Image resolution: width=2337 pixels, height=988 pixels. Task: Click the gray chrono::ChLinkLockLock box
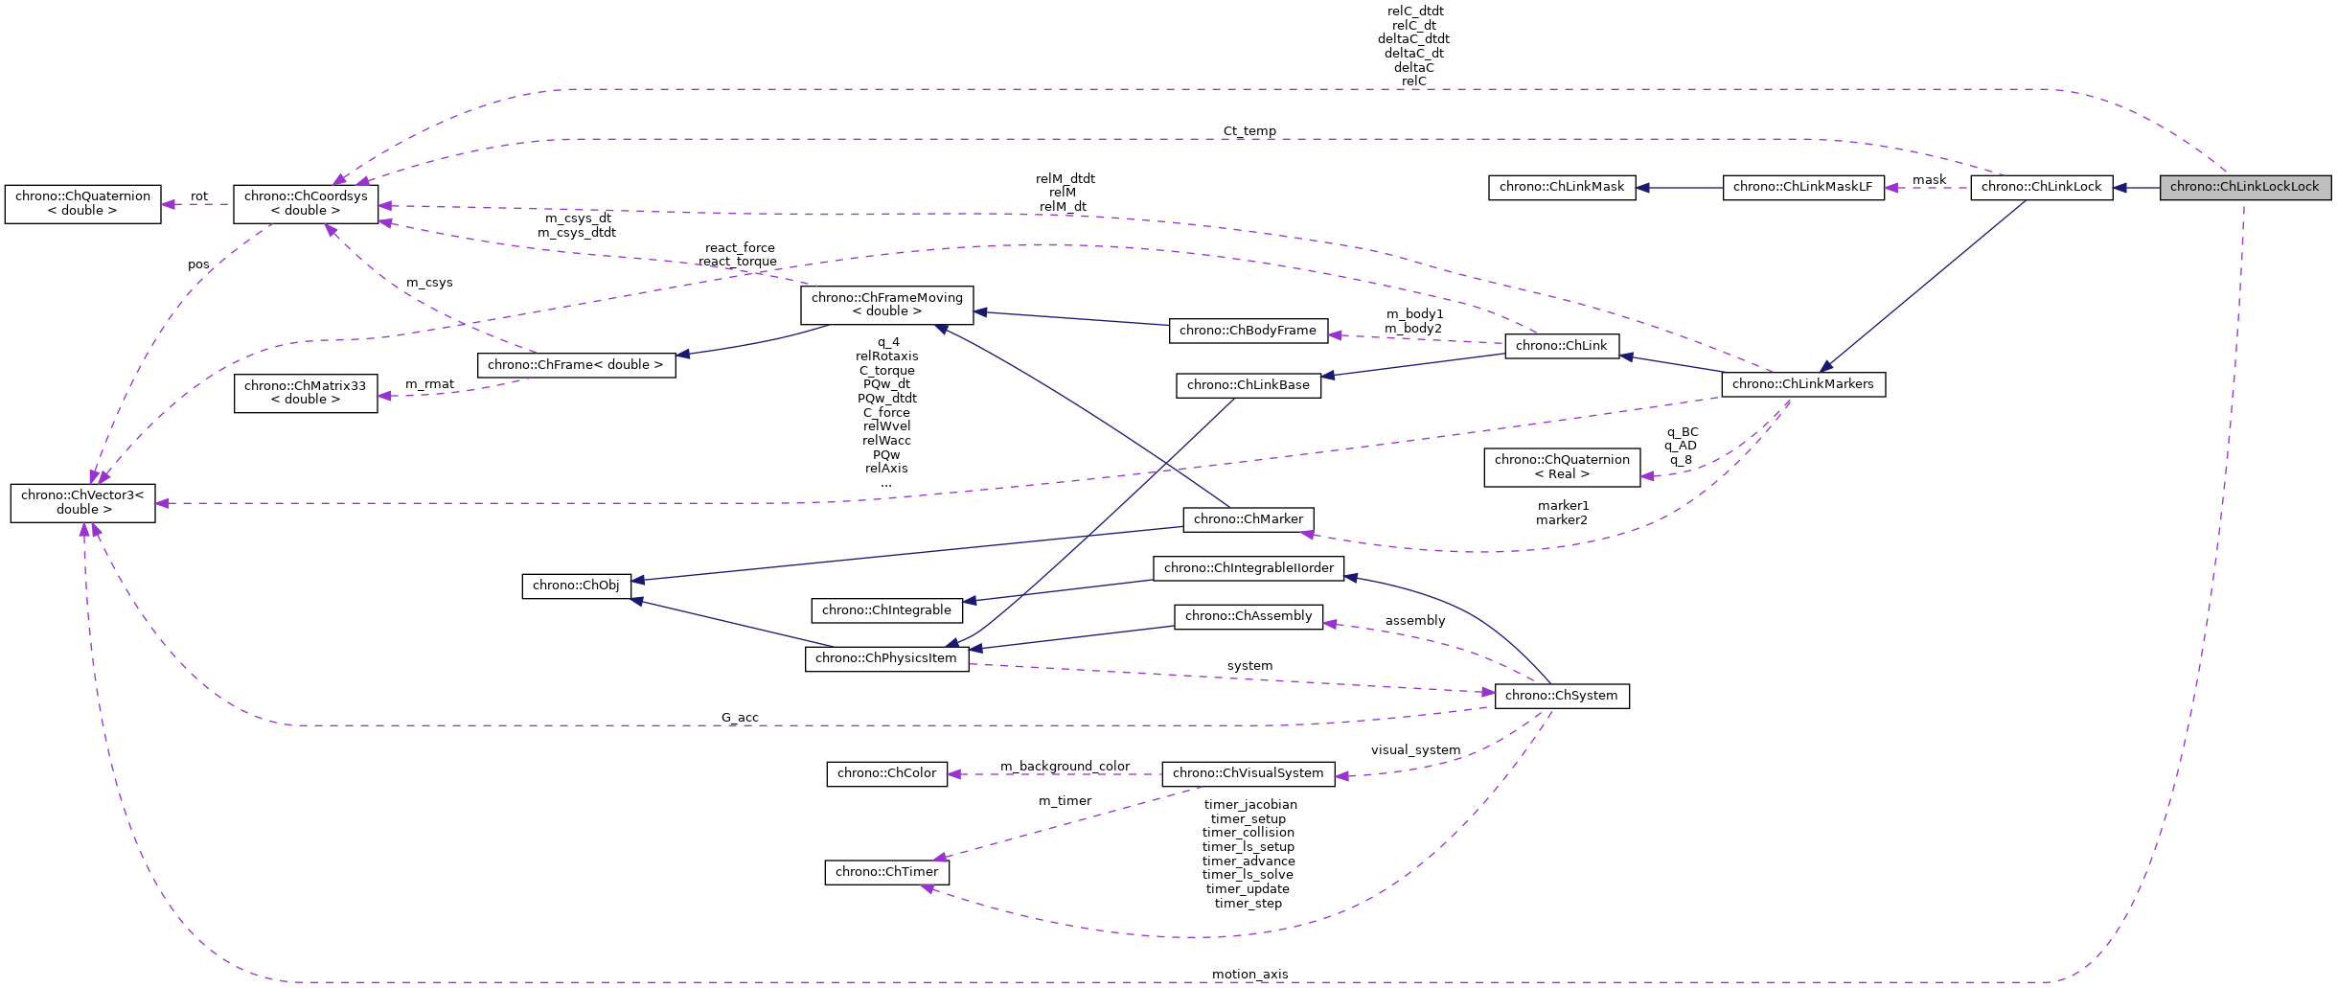point(2244,187)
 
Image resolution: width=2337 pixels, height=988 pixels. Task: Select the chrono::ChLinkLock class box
point(2041,187)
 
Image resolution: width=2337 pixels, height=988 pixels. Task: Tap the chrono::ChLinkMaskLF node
point(1802,187)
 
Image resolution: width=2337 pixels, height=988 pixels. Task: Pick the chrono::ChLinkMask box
point(1562,187)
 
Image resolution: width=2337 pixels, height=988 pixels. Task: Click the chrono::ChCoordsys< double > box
point(306,203)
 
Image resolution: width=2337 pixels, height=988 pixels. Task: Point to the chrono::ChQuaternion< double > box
point(82,203)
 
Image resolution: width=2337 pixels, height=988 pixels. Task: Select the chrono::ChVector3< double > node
point(82,502)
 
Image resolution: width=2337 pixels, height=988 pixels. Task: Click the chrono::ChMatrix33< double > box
point(306,393)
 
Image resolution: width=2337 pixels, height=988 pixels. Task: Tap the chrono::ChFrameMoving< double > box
point(886,305)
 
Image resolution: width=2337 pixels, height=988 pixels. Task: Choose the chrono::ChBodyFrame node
point(1248,331)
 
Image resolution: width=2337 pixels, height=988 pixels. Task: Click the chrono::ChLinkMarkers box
point(1802,384)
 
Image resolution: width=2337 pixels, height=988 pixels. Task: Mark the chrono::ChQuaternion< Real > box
point(1562,467)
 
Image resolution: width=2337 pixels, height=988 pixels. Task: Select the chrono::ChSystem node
point(1561,696)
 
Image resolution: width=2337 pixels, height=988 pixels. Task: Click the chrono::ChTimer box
point(886,872)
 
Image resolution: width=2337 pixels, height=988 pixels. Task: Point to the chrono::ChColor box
point(886,773)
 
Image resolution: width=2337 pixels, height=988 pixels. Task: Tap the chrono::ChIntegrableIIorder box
point(1248,568)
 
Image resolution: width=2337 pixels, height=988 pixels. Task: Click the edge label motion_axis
point(1249,975)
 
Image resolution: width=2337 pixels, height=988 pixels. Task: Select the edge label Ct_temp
point(1249,131)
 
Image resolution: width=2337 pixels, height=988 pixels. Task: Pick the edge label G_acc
point(740,718)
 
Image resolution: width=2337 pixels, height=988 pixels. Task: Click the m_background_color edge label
point(1065,767)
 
